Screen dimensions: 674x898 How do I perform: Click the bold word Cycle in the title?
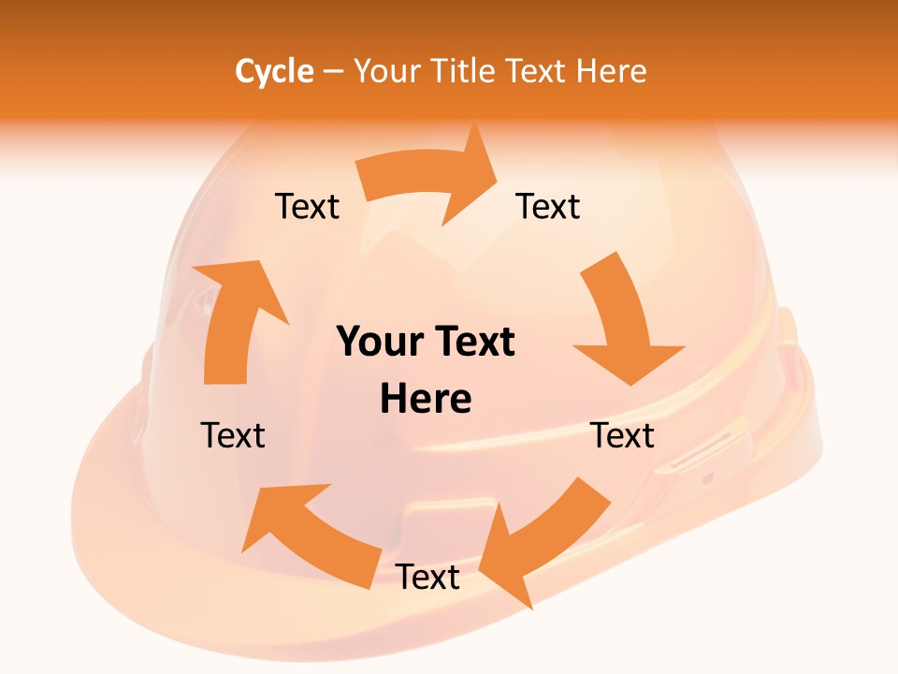(x=274, y=71)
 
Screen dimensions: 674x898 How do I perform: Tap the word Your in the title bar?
(x=386, y=71)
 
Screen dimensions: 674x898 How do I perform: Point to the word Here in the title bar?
(x=611, y=71)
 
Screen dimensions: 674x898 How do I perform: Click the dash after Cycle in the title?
(x=333, y=72)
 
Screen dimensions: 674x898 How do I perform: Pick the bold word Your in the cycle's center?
(x=380, y=343)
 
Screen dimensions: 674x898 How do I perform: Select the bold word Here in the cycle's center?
(x=426, y=399)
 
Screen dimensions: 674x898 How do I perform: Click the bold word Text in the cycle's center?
(x=474, y=343)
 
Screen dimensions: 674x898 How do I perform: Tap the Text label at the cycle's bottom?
(x=427, y=578)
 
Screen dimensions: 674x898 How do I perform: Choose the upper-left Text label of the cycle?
(x=307, y=206)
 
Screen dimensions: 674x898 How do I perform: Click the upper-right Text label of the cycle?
(x=548, y=206)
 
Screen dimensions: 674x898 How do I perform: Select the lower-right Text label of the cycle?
(x=623, y=435)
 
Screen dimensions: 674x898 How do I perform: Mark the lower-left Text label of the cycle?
(x=233, y=435)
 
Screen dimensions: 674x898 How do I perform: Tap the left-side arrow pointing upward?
(x=234, y=318)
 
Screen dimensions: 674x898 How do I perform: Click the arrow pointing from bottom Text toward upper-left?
(x=309, y=534)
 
